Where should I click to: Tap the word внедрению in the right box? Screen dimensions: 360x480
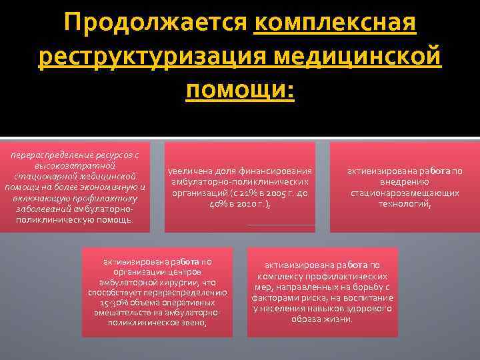click(405, 182)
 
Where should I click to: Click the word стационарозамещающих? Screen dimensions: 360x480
click(405, 193)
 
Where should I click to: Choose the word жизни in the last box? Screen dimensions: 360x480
click(338, 319)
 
